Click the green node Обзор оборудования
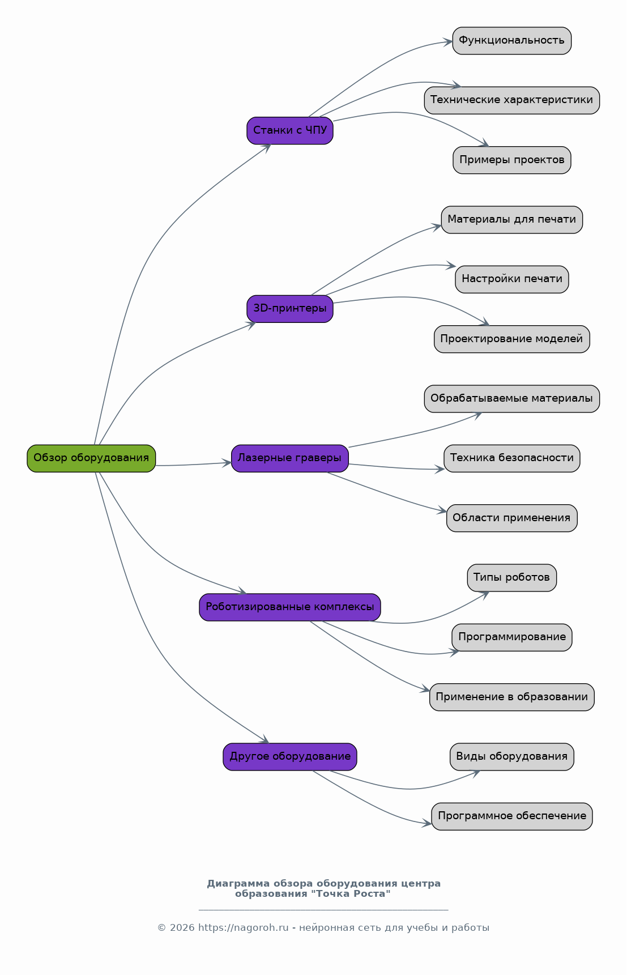[x=91, y=458]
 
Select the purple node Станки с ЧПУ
[x=290, y=131]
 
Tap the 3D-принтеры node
[x=290, y=309]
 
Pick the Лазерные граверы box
[x=290, y=458]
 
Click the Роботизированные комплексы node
[x=290, y=607]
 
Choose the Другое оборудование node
[x=290, y=757]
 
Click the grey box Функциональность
[x=512, y=41]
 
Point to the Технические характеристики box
[x=512, y=100]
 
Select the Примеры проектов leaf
[x=512, y=160]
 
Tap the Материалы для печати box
[x=512, y=220]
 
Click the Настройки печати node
[x=512, y=279]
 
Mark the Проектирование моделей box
[x=512, y=339]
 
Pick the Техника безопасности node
[x=512, y=458]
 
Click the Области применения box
[x=512, y=518]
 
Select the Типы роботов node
[x=512, y=578]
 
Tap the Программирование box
[x=512, y=637]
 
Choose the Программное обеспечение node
[x=512, y=816]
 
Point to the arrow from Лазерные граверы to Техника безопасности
[x=396, y=468]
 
